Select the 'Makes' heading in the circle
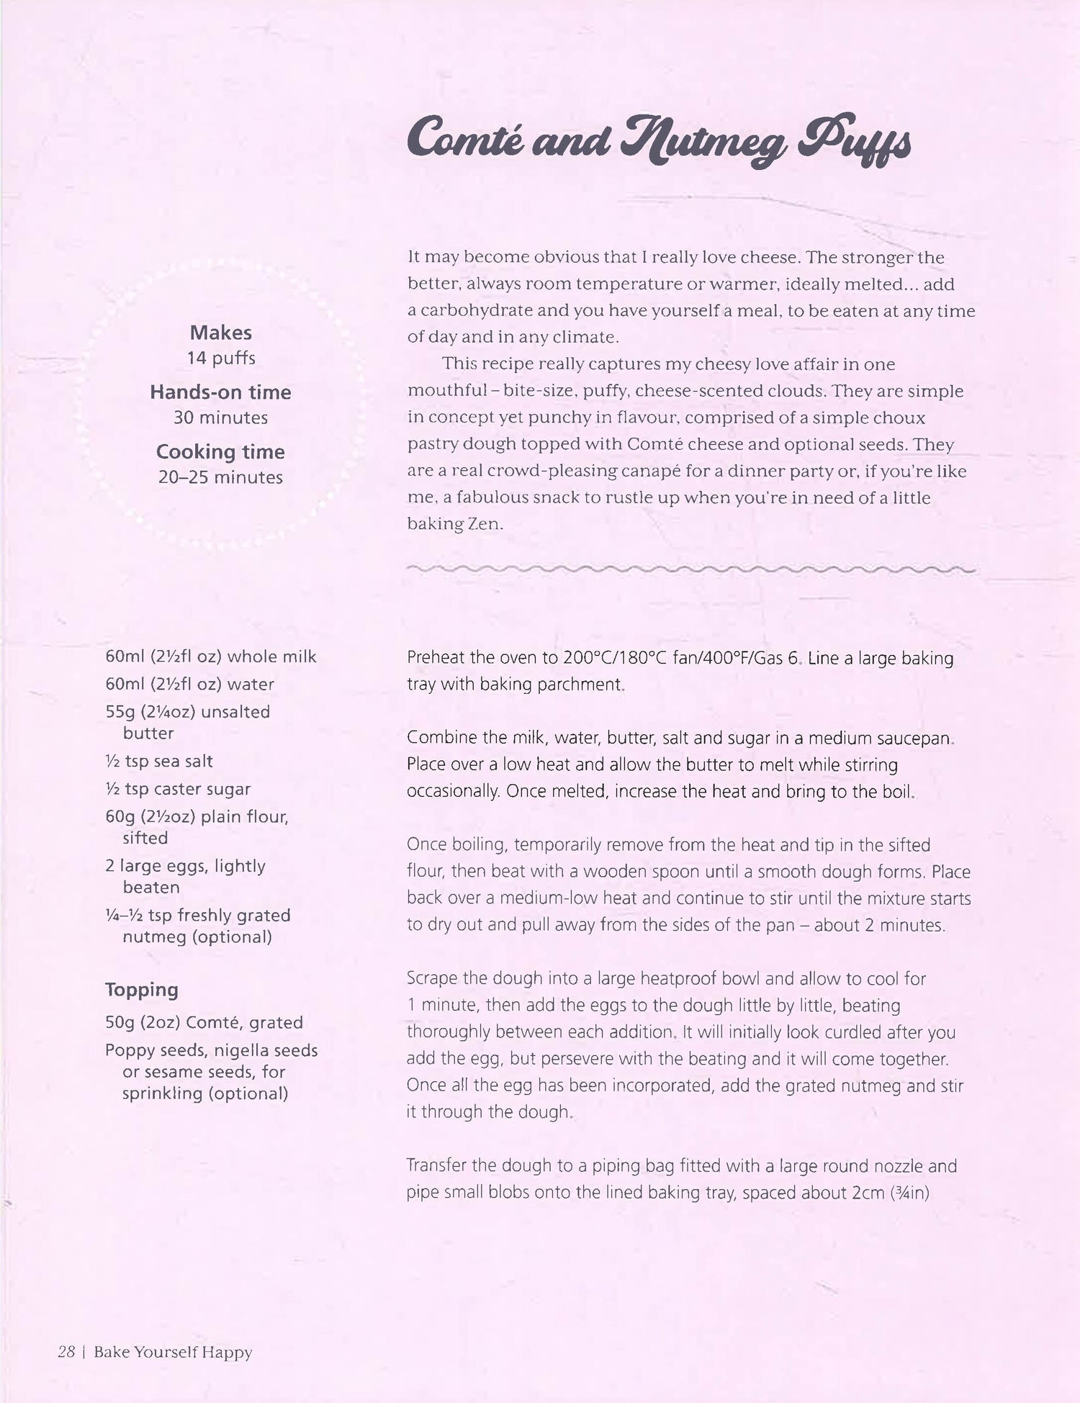[220, 333]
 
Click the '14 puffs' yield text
[220, 358]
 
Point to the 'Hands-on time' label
[220, 392]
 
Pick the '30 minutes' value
[220, 418]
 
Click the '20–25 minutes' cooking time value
[220, 477]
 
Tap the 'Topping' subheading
[142, 990]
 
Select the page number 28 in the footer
[66, 1352]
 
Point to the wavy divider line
[691, 569]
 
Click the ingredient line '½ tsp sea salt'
[159, 762]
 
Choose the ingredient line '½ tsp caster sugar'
[178, 789]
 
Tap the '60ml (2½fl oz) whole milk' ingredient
[211, 657]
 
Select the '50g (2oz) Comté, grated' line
[204, 1022]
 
